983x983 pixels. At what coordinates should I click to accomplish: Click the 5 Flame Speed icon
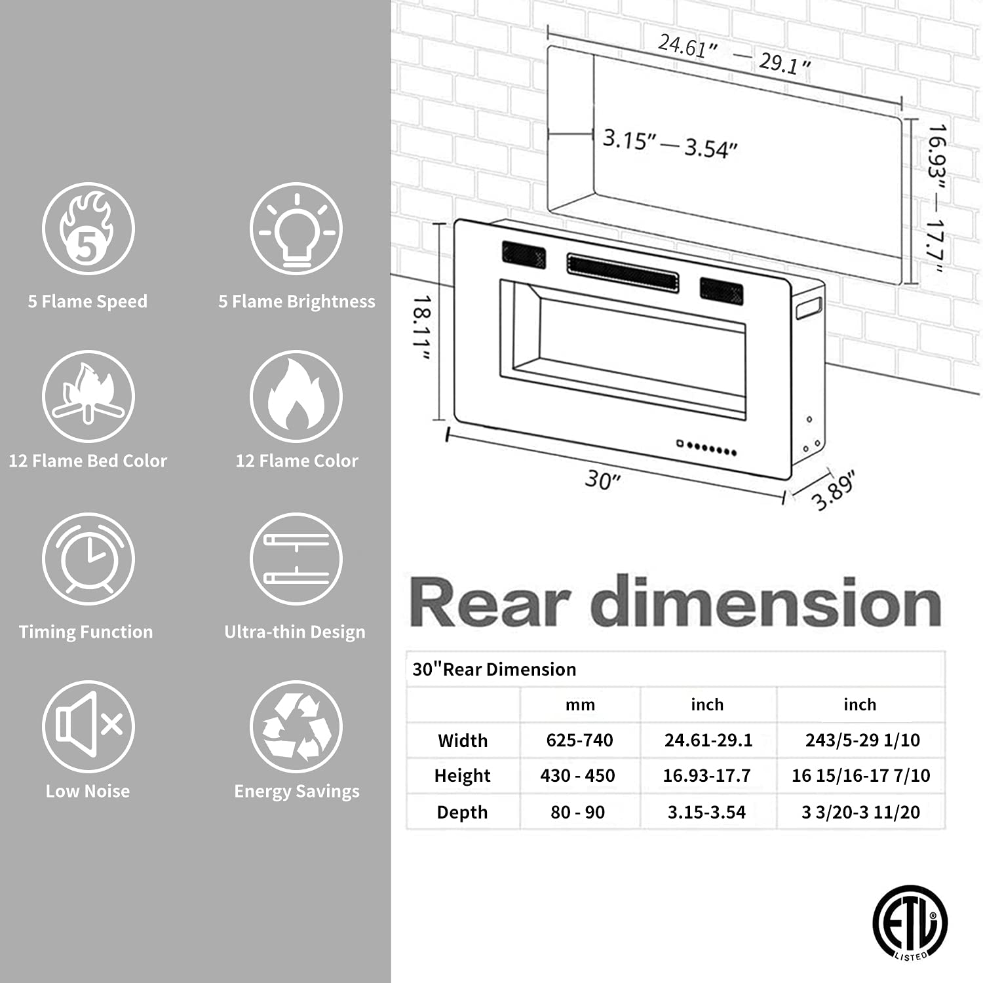point(88,229)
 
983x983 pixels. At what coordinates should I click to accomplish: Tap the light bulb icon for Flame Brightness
point(296,229)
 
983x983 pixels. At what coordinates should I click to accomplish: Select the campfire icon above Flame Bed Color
point(88,396)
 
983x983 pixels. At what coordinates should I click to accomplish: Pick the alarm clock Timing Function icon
point(88,559)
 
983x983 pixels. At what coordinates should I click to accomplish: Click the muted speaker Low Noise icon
point(88,726)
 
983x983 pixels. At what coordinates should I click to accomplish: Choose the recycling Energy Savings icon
point(296,726)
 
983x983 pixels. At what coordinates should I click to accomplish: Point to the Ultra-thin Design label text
point(295,632)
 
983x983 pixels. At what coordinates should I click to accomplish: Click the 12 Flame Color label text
point(297,461)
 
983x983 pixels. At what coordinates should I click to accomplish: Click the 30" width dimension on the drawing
point(602,480)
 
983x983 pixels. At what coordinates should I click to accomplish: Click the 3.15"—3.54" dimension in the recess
point(670,144)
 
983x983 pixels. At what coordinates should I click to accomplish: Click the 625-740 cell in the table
point(579,740)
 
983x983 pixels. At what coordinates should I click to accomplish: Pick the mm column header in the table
point(580,704)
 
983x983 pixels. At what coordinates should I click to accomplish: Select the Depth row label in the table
point(462,812)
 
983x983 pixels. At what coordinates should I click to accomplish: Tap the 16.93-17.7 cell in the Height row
point(706,776)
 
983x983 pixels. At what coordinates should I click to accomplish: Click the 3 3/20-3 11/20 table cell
point(860,812)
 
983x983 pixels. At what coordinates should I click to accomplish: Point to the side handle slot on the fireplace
point(809,308)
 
